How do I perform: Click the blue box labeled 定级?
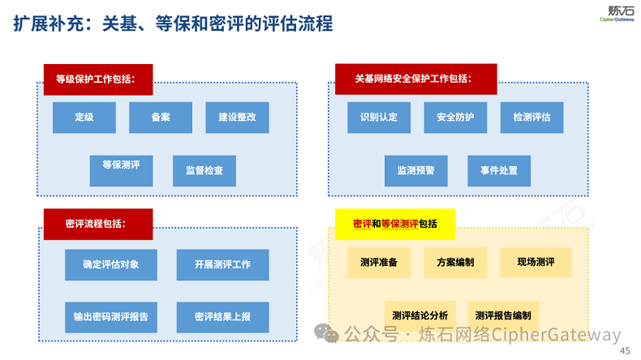pos(84,118)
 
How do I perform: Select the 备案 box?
pos(161,118)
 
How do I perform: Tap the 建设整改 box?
pos(237,118)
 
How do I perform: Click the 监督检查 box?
pos(204,171)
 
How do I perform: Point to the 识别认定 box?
pos(379,118)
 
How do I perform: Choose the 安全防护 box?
pos(455,118)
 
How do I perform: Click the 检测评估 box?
pos(531,118)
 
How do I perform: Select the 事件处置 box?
pos(499,171)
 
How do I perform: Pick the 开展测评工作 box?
pos(222,264)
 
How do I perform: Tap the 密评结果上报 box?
pos(222,316)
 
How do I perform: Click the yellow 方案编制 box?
pos(455,263)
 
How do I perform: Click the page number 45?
pos(624,350)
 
